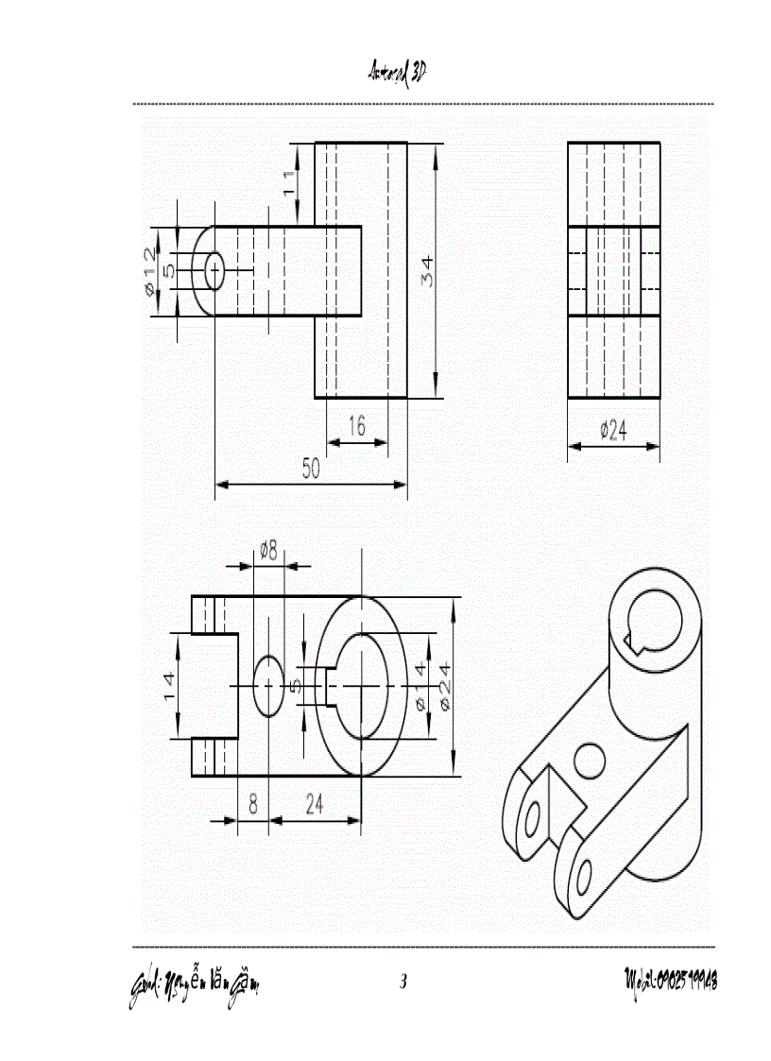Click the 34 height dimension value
click(x=427, y=274)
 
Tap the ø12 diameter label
click(x=149, y=271)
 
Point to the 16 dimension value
click(x=355, y=426)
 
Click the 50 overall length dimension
click(x=310, y=469)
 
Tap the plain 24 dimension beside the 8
click(x=315, y=804)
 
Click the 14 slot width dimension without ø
click(x=169, y=686)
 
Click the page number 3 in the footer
click(x=403, y=982)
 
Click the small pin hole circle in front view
click(x=214, y=270)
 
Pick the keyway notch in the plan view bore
click(x=322, y=685)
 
